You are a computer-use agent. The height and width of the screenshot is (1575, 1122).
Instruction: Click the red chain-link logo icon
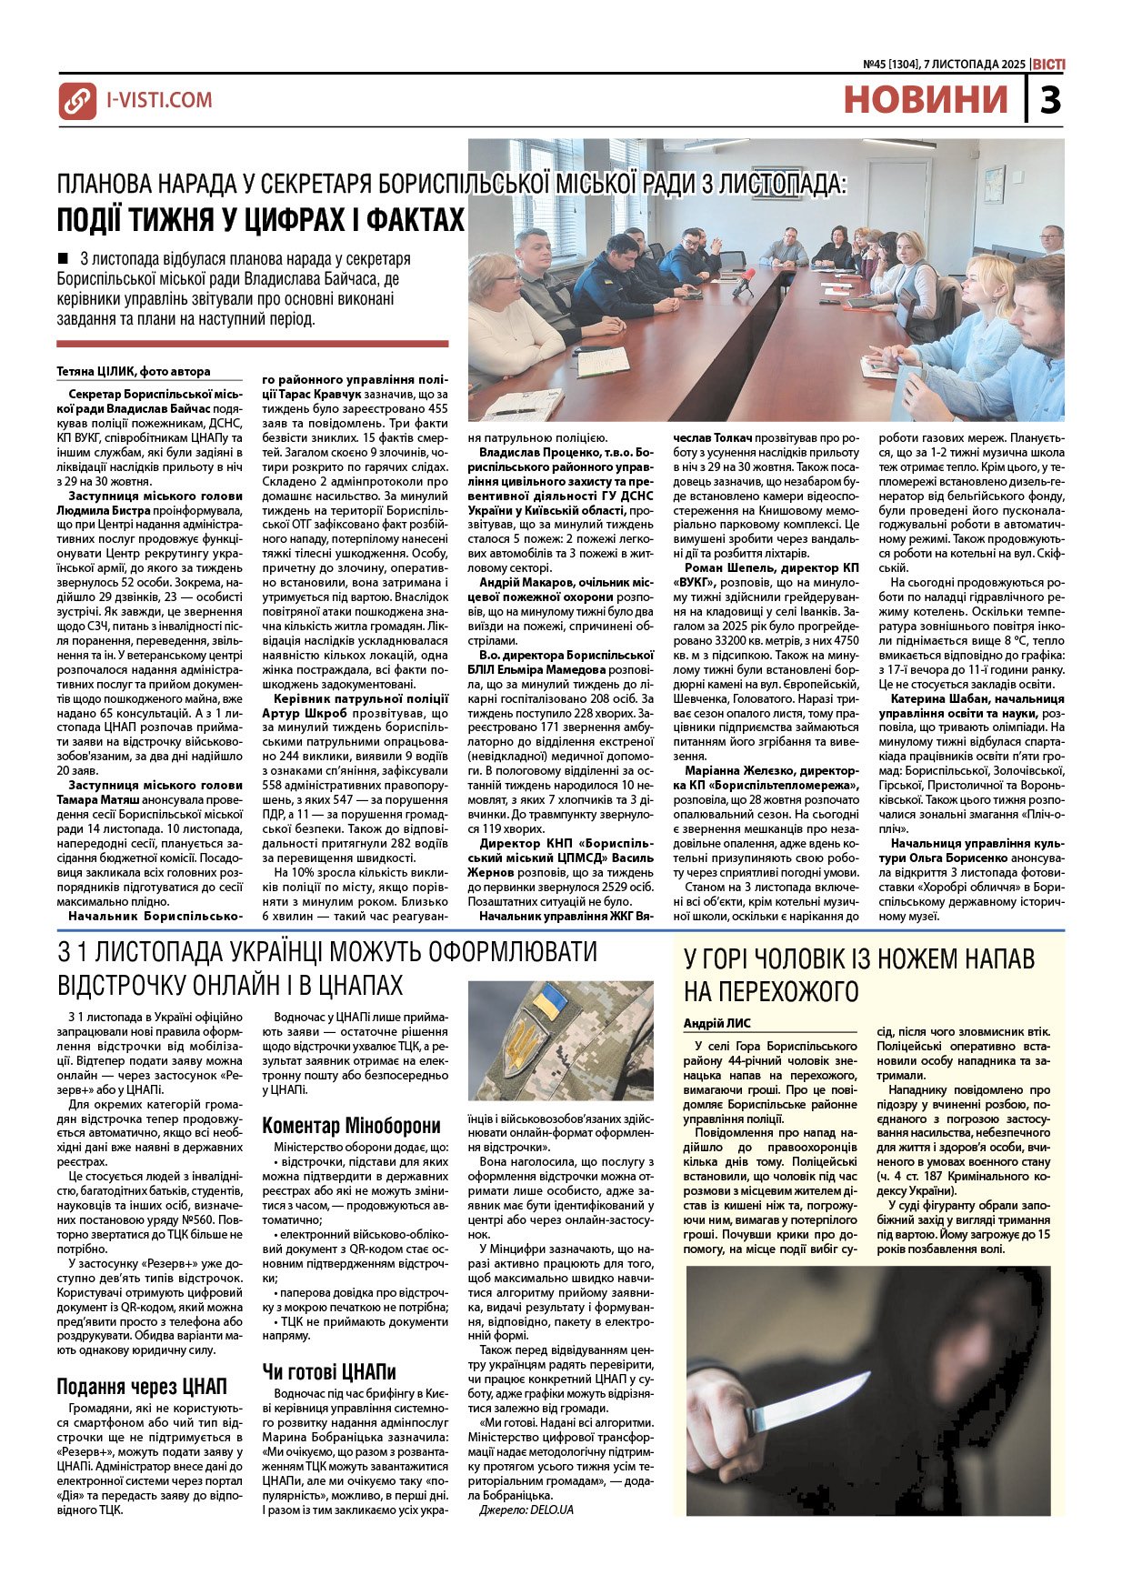tap(77, 100)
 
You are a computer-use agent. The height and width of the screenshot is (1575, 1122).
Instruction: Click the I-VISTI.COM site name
tap(159, 100)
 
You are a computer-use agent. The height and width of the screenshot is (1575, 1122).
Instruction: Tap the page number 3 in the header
tap(1050, 99)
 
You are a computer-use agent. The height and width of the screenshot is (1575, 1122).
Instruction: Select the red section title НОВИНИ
tap(926, 99)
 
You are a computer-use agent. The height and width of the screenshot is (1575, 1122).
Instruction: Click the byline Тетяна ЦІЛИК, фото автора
tap(133, 371)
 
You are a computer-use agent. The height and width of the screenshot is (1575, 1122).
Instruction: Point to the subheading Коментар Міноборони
tap(351, 1126)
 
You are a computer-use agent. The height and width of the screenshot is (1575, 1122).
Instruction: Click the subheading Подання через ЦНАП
tap(142, 1387)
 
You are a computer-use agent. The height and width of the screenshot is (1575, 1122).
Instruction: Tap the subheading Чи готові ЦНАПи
tap(329, 1371)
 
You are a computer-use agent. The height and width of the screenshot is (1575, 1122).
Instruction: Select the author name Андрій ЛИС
tap(717, 1023)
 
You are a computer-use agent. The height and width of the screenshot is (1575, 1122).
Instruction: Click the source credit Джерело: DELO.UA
tap(526, 1510)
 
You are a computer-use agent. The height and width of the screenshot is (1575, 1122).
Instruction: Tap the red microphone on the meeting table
tap(747, 275)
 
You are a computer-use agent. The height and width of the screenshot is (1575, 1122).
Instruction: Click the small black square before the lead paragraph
tap(63, 258)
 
